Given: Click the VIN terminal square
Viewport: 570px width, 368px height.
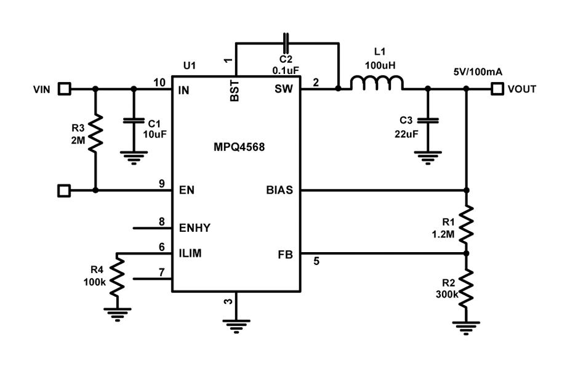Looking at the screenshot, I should pos(64,89).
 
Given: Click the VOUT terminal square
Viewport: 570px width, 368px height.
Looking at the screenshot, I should pos(497,89).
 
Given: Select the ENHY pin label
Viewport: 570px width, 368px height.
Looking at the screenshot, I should pos(195,228).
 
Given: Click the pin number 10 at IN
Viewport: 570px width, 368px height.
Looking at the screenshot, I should pos(159,83).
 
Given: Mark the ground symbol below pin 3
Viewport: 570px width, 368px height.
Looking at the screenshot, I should pos(236,323).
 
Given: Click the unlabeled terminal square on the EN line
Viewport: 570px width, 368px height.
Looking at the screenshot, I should pos(64,190).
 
